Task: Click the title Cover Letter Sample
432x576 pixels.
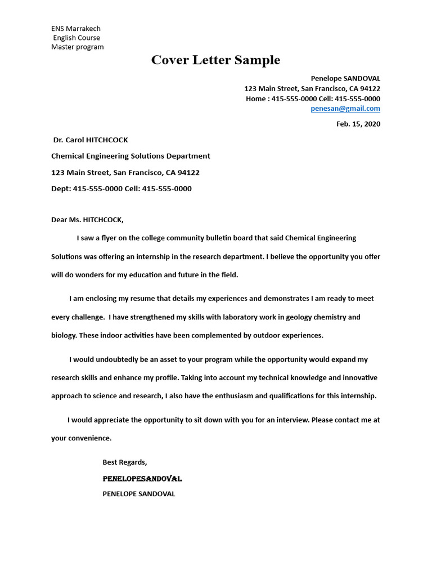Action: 215,60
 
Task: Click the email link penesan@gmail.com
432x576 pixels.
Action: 345,109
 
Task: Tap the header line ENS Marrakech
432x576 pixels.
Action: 76,29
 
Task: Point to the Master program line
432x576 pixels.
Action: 78,47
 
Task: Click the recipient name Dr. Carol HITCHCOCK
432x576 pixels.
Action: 91,140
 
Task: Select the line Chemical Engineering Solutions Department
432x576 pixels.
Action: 130,156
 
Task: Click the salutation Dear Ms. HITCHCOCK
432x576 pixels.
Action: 87,220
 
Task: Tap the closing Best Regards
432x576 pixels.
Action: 124,462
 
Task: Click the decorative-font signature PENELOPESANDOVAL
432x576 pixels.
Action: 142,479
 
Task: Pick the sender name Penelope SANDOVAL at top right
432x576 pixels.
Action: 345,79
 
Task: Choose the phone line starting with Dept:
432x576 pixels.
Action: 121,189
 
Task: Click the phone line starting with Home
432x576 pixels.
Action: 313,98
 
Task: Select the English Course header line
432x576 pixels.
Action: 76,38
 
